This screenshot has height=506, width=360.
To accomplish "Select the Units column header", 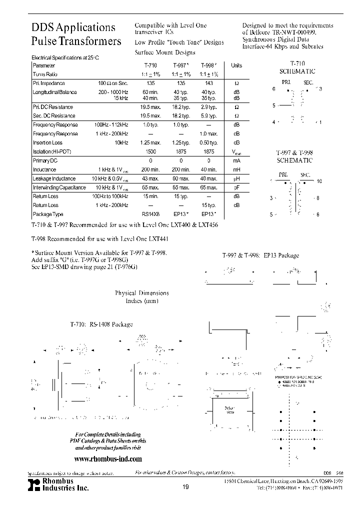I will (x=236, y=65).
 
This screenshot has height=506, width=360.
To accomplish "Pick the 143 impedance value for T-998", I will (x=209, y=83).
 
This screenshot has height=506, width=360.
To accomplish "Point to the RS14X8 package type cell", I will (x=150, y=214).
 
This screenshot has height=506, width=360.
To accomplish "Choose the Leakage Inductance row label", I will (x=54, y=178).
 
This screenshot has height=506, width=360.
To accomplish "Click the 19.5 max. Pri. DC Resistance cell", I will (x=150, y=107).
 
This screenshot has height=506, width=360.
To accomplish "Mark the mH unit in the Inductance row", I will (x=236, y=169).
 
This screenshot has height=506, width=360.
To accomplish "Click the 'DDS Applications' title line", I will (x=73, y=27).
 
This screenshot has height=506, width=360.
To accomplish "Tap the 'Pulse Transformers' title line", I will (x=76, y=41).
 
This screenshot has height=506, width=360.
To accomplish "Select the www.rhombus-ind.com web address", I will (x=108, y=458).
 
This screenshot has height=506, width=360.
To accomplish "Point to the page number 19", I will (x=185, y=487).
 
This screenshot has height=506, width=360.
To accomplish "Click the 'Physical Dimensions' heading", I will (x=142, y=293).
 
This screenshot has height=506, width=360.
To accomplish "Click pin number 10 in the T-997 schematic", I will (x=319, y=181).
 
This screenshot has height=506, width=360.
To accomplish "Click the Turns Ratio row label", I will (x=46, y=74).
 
